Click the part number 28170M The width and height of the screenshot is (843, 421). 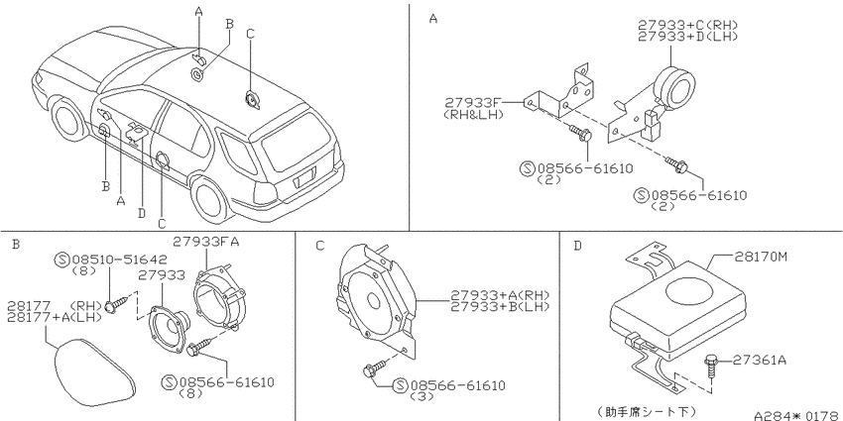pos(760,258)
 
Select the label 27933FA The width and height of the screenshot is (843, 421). pos(206,242)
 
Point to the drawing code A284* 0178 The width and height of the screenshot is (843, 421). pos(796,415)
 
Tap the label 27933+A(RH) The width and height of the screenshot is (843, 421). pos(500,295)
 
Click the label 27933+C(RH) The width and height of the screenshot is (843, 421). pos(687,25)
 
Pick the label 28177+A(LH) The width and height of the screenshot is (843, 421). pos(55,317)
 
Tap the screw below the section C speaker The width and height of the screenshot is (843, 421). pos(375,368)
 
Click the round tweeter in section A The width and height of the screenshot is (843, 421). pos(674,86)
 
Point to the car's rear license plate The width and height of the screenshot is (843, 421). pos(304,177)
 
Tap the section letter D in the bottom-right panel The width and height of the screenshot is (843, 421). pos(577,246)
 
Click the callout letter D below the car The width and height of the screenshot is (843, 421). pos(142,213)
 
